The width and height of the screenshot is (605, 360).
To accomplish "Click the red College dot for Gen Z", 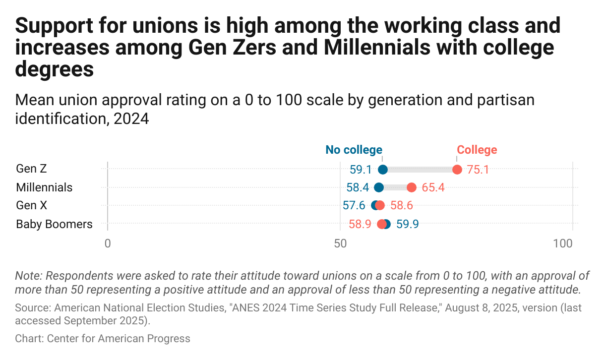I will tap(457, 170).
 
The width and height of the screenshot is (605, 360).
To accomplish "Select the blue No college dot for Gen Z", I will tap(382, 170).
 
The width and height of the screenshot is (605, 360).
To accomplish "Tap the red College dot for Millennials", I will tap(411, 187).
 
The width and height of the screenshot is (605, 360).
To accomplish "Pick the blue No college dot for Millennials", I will tap(379, 187).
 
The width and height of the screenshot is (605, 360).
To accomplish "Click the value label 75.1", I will tap(478, 170).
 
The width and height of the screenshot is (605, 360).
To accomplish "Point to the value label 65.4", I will tap(433, 188).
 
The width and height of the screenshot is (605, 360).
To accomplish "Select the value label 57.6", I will tap(354, 206).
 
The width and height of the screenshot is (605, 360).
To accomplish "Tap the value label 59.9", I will tap(408, 224).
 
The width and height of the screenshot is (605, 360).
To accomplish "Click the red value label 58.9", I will tap(360, 224).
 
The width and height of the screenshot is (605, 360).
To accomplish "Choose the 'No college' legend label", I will tap(354, 150).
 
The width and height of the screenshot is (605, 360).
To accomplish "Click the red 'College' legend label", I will tap(477, 150).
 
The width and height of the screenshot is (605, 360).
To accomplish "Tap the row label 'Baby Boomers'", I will tap(54, 224).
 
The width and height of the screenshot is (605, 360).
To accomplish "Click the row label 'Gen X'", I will tap(32, 206).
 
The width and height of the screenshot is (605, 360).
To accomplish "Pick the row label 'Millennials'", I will tap(44, 187).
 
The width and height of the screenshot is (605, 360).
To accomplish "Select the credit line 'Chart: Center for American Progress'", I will tap(103, 339).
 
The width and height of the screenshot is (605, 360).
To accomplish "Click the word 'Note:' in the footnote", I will tap(29, 276).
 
